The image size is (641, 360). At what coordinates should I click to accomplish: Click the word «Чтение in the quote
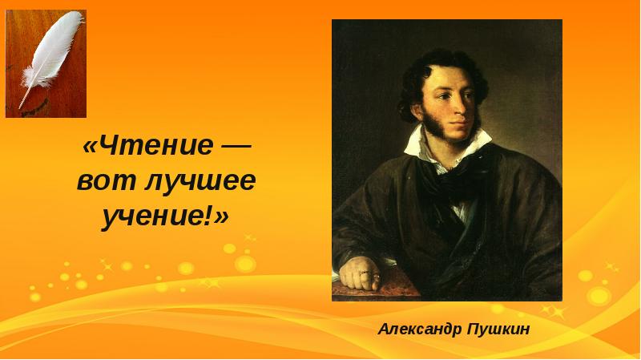pos(147,145)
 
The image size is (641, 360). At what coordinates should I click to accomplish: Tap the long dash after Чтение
pos(236,147)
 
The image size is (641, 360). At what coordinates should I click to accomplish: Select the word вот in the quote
pos(107,182)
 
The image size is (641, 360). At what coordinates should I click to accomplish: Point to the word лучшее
pos(200,182)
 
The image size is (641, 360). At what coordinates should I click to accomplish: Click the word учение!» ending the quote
pos(165,217)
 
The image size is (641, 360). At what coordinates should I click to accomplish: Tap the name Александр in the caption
pos(420,329)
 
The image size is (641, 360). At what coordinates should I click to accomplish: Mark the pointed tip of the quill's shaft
pos(19,107)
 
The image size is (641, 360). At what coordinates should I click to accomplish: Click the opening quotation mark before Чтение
pos(90,146)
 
